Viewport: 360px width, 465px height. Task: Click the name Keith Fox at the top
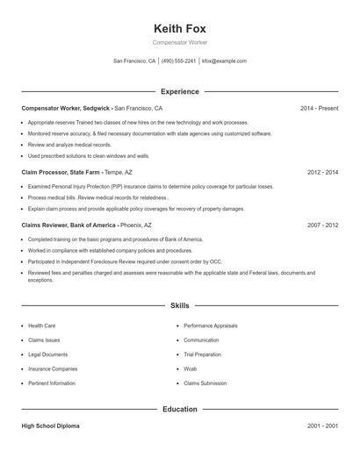pos(179,27)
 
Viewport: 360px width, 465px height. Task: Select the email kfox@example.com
pos(224,61)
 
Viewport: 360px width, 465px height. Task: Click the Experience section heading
pos(179,91)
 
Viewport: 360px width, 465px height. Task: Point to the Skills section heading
pos(179,305)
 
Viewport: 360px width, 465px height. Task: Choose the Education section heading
pos(179,409)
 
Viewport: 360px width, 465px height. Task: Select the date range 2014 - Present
pos(319,108)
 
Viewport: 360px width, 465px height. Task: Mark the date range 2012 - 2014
pos(322,173)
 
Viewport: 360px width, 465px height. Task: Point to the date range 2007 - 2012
pos(322,225)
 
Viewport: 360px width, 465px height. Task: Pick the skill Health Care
pos(42,325)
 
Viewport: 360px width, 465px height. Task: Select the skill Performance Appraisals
pos(211,325)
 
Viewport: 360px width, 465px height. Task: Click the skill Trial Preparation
pos(201,354)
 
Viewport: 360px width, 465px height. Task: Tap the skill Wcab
pos(190,368)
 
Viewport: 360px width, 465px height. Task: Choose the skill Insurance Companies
pos(53,368)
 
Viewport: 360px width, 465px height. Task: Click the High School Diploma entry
pos(50,426)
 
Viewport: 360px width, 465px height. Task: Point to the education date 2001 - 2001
pos(322,426)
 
